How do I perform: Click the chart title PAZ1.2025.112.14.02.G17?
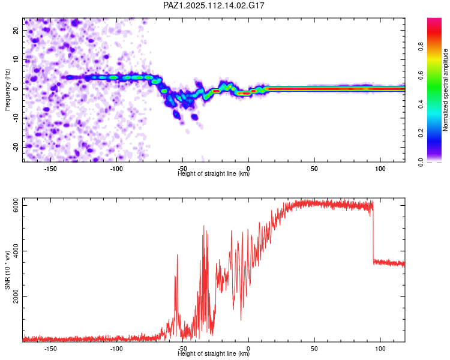pyautogui.click(x=214, y=5)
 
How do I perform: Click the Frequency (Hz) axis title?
pyautogui.click(x=7, y=90)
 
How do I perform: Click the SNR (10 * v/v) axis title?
pyautogui.click(x=7, y=270)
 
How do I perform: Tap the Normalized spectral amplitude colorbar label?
pyautogui.click(x=445, y=90)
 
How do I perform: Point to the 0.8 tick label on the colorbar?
pyautogui.click(x=421, y=46)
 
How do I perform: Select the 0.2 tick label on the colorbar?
pyautogui.click(x=421, y=133)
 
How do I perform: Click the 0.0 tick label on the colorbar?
pyautogui.click(x=421, y=162)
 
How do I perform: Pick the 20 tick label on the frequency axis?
pyautogui.click(x=16, y=31)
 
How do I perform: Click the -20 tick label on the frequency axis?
pyautogui.click(x=16, y=147)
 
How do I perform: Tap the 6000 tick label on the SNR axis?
pyautogui.click(x=16, y=206)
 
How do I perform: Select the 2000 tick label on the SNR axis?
pyautogui.click(x=16, y=296)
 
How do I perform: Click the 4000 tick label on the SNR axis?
pyautogui.click(x=16, y=251)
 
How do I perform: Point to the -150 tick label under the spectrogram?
pyautogui.click(x=50, y=169)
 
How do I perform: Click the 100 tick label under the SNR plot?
pyautogui.click(x=380, y=349)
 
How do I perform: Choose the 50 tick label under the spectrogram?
pyautogui.click(x=314, y=169)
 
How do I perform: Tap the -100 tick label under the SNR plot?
pyautogui.click(x=116, y=349)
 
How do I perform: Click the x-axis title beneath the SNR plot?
pyautogui.click(x=214, y=353)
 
